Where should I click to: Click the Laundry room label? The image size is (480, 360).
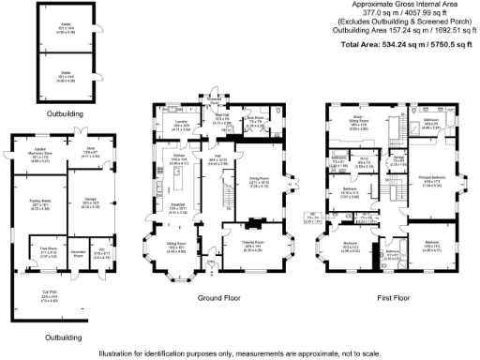(180, 123)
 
